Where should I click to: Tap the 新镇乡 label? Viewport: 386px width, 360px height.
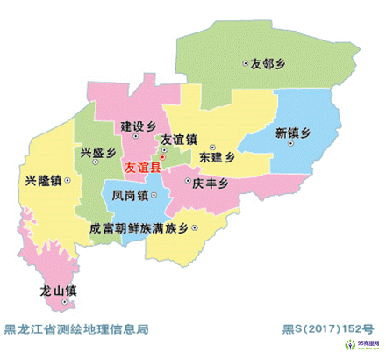pos(293,133)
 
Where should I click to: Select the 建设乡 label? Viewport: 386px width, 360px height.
pos(138,124)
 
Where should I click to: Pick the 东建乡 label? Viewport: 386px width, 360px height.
pos(218,159)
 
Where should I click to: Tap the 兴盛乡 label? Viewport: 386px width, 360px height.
pos(98,152)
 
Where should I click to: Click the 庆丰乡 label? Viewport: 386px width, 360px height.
pos(211,184)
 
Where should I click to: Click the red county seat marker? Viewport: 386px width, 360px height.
pos(161,157)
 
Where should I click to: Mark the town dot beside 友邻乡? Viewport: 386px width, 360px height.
pos(245,63)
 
